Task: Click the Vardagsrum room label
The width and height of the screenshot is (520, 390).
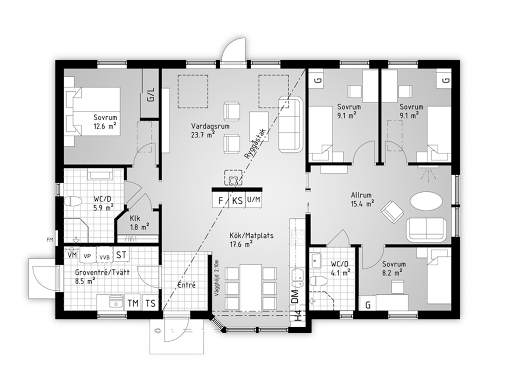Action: tap(210, 126)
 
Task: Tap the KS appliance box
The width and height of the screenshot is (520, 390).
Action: tap(237, 200)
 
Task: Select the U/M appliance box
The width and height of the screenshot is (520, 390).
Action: tap(253, 200)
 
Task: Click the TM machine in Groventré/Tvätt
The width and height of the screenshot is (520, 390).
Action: tap(133, 303)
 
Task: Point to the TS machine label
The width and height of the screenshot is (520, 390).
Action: tap(150, 303)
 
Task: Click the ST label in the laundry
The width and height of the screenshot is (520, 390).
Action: tap(121, 255)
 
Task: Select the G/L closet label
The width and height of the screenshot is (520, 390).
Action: tap(151, 95)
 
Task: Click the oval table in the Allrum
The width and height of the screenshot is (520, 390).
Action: tap(426, 201)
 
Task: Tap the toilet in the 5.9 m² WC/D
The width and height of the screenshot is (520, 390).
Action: tap(73, 201)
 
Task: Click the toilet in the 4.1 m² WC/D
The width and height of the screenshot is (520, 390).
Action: tap(318, 280)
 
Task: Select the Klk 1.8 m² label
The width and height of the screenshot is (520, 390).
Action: tap(139, 222)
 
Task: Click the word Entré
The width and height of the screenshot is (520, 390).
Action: tap(186, 285)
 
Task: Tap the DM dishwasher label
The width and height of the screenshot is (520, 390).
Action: tap(295, 296)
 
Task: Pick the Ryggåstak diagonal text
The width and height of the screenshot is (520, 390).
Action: tap(255, 144)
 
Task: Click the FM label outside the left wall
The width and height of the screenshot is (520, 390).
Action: tap(50, 240)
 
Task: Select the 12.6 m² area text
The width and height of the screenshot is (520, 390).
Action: tap(105, 126)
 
